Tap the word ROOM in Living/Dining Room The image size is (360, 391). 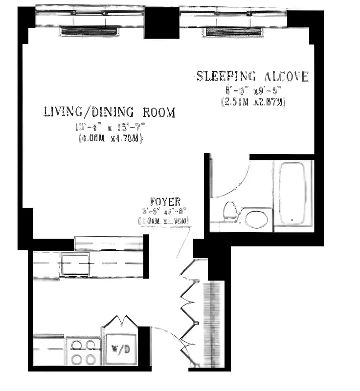pos(159,112)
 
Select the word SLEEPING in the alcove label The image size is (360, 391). pos(226,76)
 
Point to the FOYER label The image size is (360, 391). pos(165,201)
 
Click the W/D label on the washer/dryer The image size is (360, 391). pos(120,349)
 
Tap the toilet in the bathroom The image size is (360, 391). pos(229,211)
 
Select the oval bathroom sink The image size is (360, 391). pos(256,218)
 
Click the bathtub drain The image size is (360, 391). pos(292,220)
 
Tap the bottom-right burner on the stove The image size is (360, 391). pos(90,360)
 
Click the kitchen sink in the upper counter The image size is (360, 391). pos(75,265)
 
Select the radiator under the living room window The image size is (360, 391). pos(89,32)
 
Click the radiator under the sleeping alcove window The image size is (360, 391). pos(232,32)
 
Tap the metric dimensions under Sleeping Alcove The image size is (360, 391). pos(253,102)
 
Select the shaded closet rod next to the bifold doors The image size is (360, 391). pos(214,323)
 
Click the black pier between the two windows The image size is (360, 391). pos(161,22)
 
